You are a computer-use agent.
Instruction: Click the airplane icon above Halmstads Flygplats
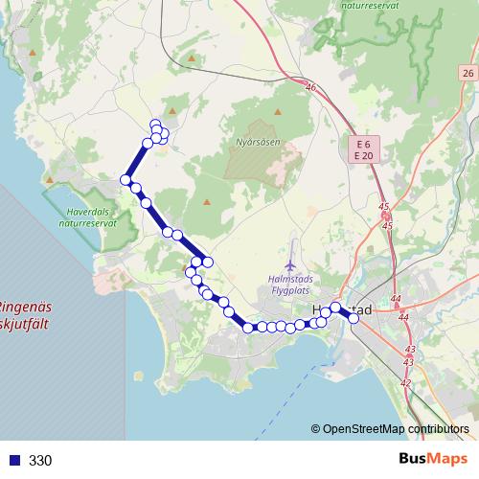290,264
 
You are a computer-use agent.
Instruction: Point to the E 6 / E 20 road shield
362,149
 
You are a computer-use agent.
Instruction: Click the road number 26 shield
467,74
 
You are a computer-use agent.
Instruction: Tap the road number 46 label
310,88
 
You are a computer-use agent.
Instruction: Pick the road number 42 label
405,383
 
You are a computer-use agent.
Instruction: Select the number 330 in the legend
40,461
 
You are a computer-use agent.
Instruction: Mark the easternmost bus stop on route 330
354,319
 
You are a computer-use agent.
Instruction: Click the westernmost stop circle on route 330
125,180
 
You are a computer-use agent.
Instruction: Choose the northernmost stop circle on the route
155,124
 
